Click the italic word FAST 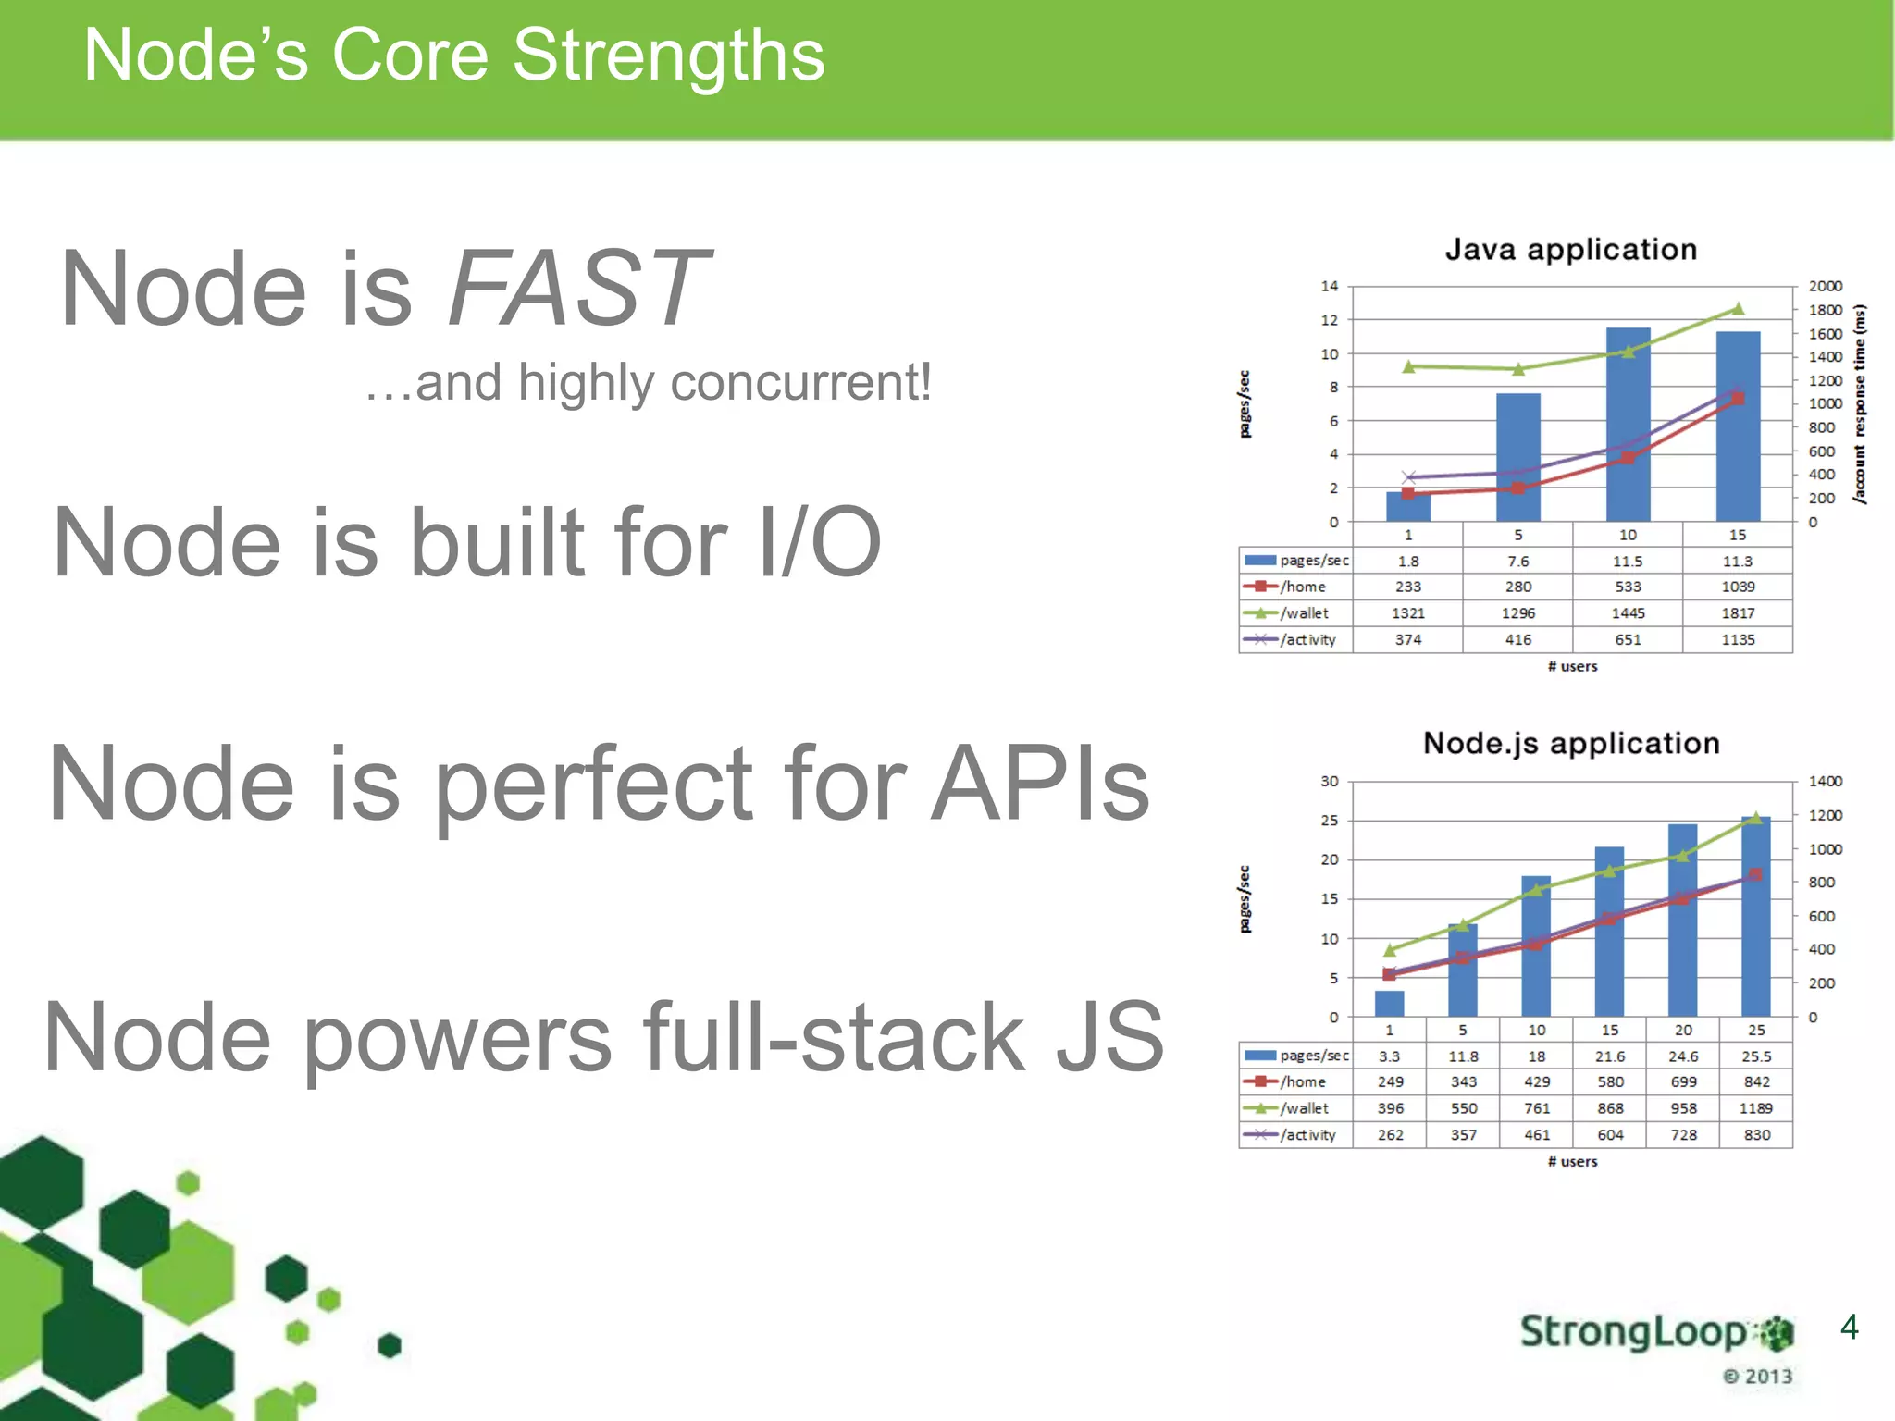click(578, 289)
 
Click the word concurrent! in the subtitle click(800, 382)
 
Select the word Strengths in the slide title click(667, 56)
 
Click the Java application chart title click(1570, 249)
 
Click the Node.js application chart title click(1570, 743)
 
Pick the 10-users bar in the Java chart click(1628, 426)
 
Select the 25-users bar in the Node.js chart click(1755, 916)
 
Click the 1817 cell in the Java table click(1737, 613)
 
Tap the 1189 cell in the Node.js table click(1755, 1108)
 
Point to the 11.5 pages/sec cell click(1628, 562)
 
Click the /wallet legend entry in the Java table click(1295, 613)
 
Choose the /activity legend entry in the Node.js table click(1295, 1135)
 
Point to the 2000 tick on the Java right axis click(1825, 286)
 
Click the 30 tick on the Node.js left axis click(1329, 781)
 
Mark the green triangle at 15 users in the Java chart click(1737, 309)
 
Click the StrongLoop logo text click(1633, 1332)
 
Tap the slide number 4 click(1849, 1328)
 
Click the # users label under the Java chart click(1572, 666)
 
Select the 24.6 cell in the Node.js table click(1682, 1056)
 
